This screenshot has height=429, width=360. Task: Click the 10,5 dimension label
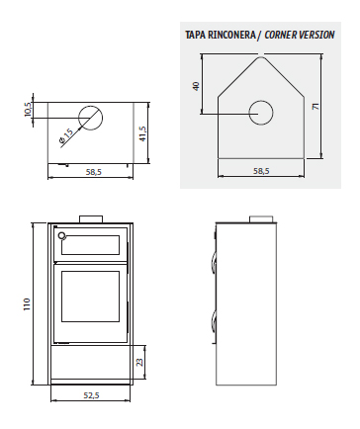click(28, 110)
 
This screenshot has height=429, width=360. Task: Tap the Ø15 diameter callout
click(66, 136)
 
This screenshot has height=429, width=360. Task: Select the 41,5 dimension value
click(142, 133)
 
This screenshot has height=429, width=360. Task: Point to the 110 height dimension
click(27, 303)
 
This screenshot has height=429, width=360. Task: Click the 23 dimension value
click(139, 362)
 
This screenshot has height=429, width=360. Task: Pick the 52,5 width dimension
click(91, 395)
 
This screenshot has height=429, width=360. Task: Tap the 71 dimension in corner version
click(315, 107)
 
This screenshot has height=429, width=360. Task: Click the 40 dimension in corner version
click(196, 86)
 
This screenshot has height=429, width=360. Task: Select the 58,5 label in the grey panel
click(261, 171)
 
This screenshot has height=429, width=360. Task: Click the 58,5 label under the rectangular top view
click(94, 172)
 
